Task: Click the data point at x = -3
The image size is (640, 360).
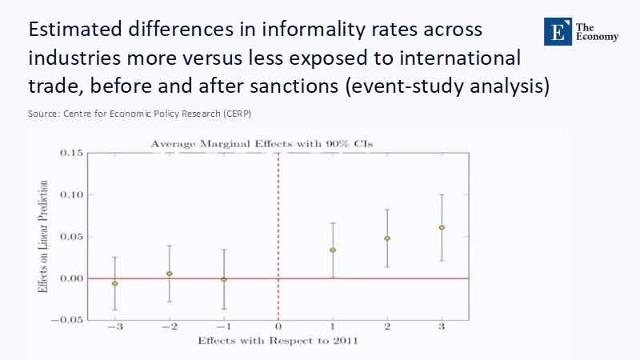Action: coord(115,284)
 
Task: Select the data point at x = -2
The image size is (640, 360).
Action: coord(170,274)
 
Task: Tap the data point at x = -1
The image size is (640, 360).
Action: coord(224,279)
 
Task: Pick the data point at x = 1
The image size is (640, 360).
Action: coord(333,250)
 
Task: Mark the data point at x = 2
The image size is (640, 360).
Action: coord(387,238)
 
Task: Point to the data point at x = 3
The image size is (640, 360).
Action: coord(442,228)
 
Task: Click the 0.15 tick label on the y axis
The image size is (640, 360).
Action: coord(70,153)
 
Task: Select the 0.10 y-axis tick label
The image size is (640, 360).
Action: coord(70,194)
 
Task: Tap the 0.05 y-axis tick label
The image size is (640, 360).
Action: coord(70,237)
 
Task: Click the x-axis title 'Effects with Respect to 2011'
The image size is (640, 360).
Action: coord(278,342)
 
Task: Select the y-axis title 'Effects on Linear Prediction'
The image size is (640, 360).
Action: coord(43,236)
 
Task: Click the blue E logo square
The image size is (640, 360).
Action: coord(556,30)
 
